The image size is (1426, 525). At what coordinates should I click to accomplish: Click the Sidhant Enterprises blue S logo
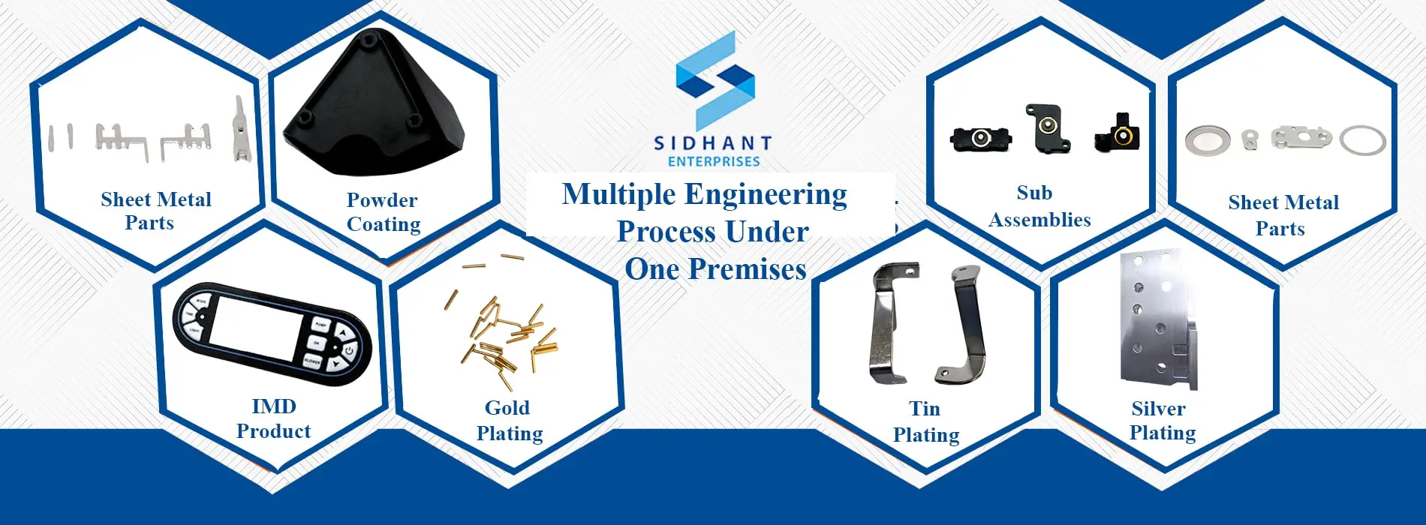(715, 81)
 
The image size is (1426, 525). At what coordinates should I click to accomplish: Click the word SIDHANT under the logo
(712, 142)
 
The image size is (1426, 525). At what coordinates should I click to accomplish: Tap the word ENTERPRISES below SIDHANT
(714, 161)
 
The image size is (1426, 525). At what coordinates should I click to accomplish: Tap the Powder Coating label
(383, 212)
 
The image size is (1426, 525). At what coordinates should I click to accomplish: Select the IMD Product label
(273, 418)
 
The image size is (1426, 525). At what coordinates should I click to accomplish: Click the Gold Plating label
(509, 421)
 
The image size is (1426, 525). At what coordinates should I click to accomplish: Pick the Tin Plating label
(925, 421)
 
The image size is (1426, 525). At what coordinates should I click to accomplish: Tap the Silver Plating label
(1161, 421)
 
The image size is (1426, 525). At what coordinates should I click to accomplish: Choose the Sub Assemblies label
(1039, 206)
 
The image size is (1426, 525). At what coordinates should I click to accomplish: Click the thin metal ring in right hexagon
(1362, 140)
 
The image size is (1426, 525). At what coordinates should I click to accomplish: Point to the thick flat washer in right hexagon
(1207, 139)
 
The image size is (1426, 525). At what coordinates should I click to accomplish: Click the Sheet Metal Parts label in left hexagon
(155, 211)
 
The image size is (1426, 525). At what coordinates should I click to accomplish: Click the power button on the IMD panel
(349, 349)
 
